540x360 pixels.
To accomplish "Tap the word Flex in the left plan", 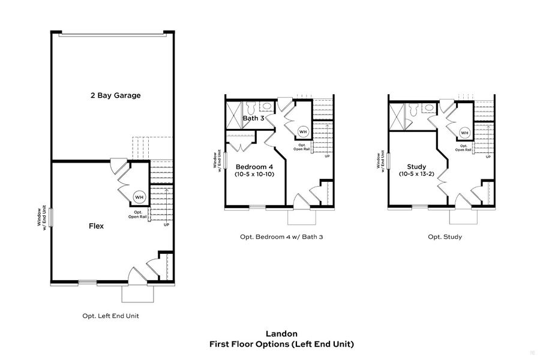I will pyautogui.click(x=96, y=226).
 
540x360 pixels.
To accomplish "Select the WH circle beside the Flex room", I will pyautogui.click(x=139, y=197).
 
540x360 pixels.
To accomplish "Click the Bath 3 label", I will pyautogui.click(x=253, y=118).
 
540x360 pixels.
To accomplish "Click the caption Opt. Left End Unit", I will pyautogui.click(x=110, y=316).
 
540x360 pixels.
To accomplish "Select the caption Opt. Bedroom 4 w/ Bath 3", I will pyautogui.click(x=281, y=237).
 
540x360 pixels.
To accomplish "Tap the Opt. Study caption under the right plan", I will pyautogui.click(x=445, y=237).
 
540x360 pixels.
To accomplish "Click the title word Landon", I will pyautogui.click(x=281, y=333).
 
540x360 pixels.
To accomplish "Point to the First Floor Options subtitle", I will pyautogui.click(x=281, y=344).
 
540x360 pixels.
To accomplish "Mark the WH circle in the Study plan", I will pyautogui.click(x=464, y=132).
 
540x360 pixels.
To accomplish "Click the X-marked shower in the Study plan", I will pyautogui.click(x=397, y=115).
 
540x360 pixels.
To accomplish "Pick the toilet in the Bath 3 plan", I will pyautogui.click(x=251, y=108).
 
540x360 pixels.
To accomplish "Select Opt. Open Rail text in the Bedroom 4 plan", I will pyautogui.click(x=303, y=148).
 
